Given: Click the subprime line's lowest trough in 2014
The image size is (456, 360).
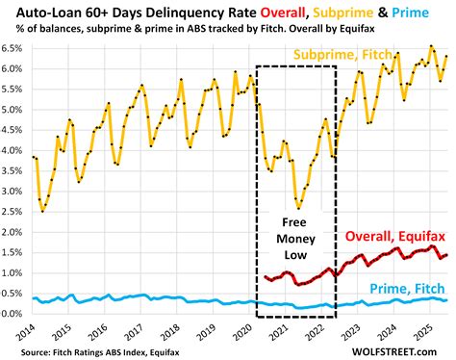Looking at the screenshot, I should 43,210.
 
